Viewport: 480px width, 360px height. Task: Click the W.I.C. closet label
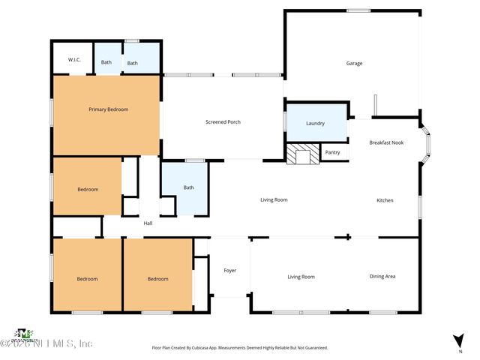pos(74,60)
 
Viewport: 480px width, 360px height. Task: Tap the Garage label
pos(354,63)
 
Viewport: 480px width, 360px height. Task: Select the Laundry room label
pos(315,123)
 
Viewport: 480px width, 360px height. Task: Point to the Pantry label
pos(333,152)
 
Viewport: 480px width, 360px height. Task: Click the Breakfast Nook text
pos(386,142)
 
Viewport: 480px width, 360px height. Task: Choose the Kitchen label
pos(385,200)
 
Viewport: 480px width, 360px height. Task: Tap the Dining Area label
pos(382,277)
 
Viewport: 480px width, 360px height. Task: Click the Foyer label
pos(230,270)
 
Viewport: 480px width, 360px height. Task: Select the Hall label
pos(148,223)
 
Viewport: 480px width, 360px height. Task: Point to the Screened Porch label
pos(223,122)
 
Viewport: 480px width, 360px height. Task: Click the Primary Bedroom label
pos(108,109)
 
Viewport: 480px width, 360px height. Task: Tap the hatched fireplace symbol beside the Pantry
pos(301,153)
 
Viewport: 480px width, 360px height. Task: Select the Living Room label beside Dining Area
pos(301,277)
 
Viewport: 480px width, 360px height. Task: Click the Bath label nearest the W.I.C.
pos(106,62)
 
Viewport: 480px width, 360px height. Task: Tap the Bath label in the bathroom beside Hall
pos(188,187)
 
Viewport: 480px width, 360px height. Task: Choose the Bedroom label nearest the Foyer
pos(157,279)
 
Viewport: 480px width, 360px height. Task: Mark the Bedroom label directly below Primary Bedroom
pos(88,189)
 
